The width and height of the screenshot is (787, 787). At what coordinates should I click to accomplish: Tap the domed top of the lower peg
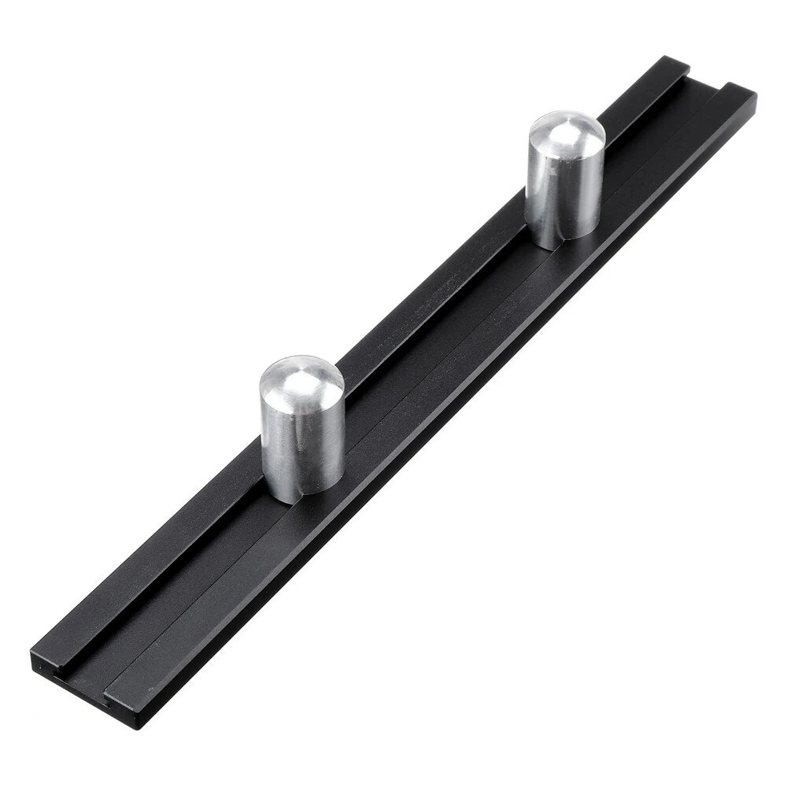pyautogui.click(x=301, y=378)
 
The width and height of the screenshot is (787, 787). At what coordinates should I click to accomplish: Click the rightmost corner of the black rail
pyautogui.click(x=756, y=96)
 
